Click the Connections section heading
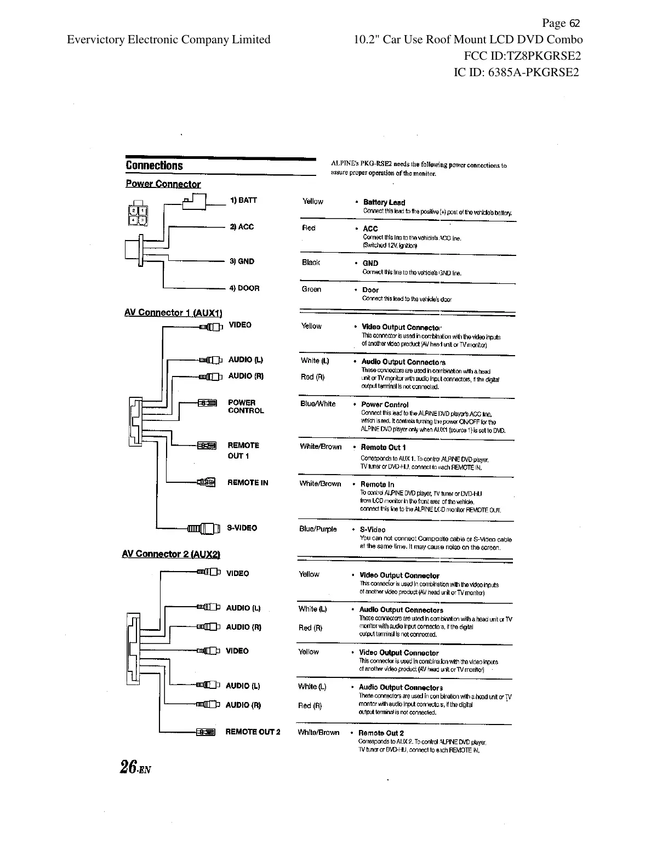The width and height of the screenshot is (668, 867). [x=154, y=166]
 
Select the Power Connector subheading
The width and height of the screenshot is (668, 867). [x=163, y=184]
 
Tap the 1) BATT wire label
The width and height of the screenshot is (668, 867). [x=243, y=200]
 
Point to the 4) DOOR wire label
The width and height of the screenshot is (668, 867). [x=244, y=288]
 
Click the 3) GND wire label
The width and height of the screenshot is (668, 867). [x=242, y=261]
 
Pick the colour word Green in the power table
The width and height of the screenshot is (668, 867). [x=311, y=289]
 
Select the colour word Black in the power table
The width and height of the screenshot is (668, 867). [x=311, y=263]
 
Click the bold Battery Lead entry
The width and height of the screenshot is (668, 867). [x=384, y=202]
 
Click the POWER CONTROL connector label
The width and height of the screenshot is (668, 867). [x=245, y=407]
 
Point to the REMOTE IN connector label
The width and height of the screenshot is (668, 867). [x=248, y=483]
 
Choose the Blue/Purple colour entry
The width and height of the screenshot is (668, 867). [x=318, y=529]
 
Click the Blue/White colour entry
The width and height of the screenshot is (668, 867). [x=318, y=404]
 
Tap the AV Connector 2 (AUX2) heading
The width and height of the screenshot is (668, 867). [x=171, y=554]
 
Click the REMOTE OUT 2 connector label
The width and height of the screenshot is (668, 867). [x=253, y=732]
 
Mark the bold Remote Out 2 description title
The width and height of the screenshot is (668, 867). [x=381, y=733]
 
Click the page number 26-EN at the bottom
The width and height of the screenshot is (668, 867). [x=135, y=767]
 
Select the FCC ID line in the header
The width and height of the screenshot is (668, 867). [x=522, y=56]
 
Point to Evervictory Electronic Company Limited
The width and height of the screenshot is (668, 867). [x=169, y=39]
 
